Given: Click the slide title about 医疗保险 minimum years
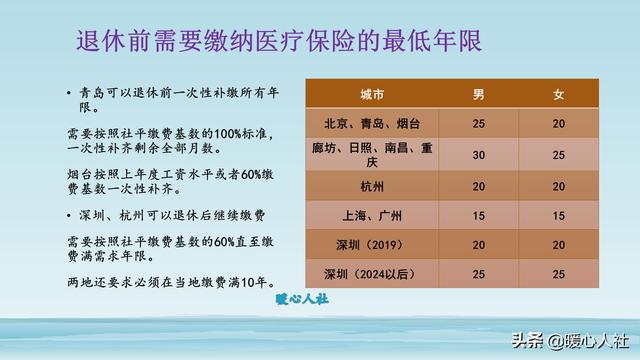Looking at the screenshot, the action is (279, 41).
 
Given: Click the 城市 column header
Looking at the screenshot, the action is (372, 95).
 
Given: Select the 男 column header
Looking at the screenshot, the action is (478, 95).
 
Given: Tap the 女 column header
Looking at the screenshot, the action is (558, 95).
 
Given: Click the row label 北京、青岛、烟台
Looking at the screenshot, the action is (372, 124).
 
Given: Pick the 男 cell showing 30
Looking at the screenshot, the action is (478, 155).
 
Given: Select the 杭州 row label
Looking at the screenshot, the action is (372, 187).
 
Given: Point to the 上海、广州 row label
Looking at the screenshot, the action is (372, 216).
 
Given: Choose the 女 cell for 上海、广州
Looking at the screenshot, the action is (558, 216).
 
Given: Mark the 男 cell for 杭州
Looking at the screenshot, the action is (478, 187).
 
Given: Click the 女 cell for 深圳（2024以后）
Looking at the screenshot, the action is (558, 274).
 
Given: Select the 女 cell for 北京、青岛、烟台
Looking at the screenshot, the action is (558, 124).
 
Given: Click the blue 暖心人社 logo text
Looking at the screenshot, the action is (302, 299).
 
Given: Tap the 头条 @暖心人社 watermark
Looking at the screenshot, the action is (570, 341).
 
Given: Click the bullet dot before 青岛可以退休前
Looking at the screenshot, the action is (69, 93).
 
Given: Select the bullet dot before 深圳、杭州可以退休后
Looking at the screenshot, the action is (69, 216).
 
